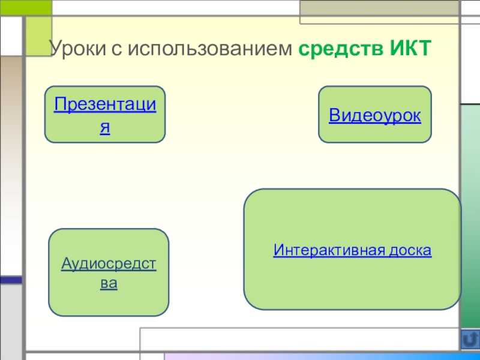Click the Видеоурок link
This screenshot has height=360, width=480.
pos(374,115)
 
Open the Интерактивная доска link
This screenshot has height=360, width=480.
pos(352,250)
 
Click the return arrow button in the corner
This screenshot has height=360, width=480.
pos(470,340)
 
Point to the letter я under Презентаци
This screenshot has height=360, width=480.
pos(105,128)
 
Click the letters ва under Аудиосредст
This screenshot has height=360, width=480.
pos(109,283)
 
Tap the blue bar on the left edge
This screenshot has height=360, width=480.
pos(11,279)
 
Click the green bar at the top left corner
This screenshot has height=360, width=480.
pos(25,7)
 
